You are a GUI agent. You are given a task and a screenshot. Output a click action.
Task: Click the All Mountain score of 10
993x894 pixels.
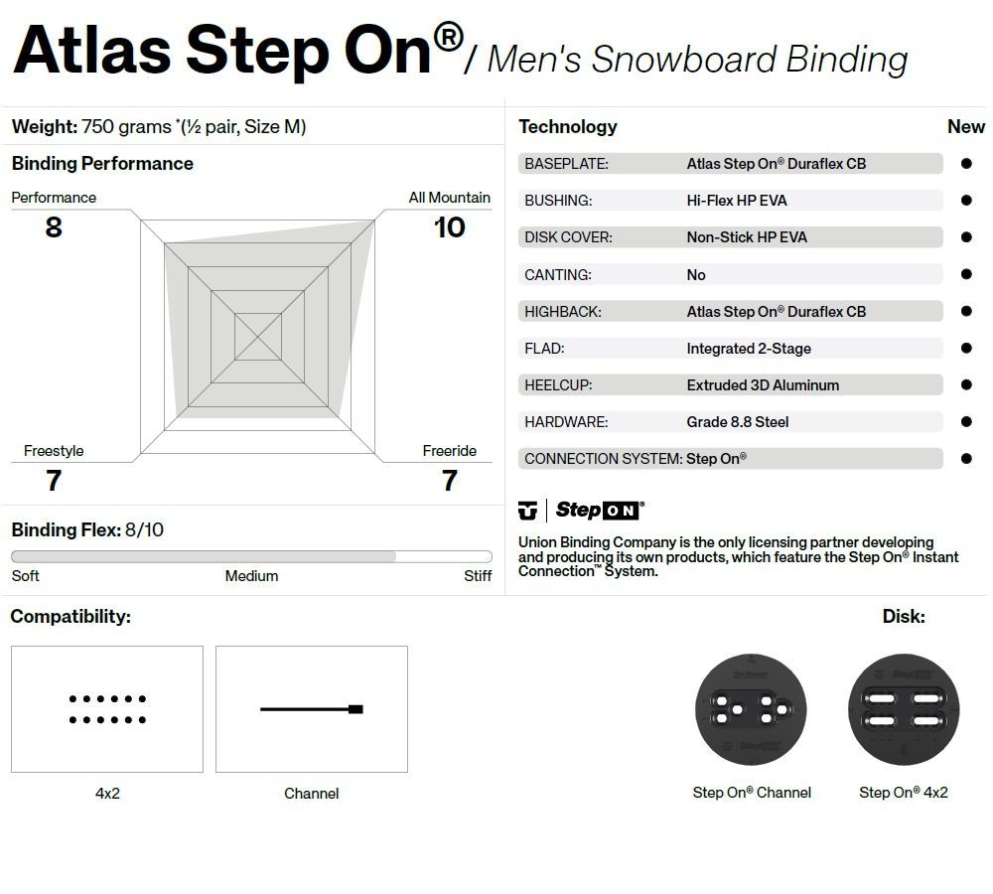pyautogui.click(x=449, y=227)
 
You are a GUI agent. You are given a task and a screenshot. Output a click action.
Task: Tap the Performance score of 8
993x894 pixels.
pyautogui.click(x=54, y=227)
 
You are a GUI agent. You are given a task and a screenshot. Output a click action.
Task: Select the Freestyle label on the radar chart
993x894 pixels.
pyautogui.click(x=54, y=451)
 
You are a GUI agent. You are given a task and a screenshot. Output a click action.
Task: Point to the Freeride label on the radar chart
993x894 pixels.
pyautogui.click(x=449, y=451)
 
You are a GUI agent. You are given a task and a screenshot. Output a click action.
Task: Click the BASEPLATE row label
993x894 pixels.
pyautogui.click(x=566, y=164)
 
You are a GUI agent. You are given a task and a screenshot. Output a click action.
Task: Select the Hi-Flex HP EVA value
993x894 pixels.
pyautogui.click(x=736, y=201)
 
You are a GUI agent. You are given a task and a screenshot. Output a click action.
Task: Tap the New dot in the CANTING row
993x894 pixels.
pyautogui.click(x=966, y=274)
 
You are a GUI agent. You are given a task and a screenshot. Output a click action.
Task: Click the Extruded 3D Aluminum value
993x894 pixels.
pyautogui.click(x=763, y=385)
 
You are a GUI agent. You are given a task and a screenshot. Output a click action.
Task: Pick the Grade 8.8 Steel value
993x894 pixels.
pyautogui.click(x=737, y=422)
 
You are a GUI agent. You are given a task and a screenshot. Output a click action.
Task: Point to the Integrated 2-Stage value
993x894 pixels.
pyautogui.click(x=748, y=349)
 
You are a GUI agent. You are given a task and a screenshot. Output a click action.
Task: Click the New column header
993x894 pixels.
pyautogui.click(x=965, y=127)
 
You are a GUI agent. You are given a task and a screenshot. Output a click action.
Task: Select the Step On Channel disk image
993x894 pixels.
pyautogui.click(x=751, y=709)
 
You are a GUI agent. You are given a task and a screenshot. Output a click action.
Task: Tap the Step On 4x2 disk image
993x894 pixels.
pyautogui.click(x=904, y=709)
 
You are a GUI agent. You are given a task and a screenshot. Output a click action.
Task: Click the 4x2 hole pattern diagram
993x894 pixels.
pyautogui.click(x=107, y=709)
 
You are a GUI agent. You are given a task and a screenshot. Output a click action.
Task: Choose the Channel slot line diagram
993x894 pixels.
pyautogui.click(x=312, y=709)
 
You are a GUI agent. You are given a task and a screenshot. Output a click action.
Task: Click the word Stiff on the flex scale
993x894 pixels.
pyautogui.click(x=478, y=576)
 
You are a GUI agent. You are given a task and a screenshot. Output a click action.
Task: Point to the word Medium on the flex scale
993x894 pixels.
pyautogui.click(x=251, y=576)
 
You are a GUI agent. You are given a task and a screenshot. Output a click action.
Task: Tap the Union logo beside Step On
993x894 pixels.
pyautogui.click(x=527, y=511)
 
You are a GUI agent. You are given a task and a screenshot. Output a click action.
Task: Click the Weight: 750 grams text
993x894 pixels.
pyautogui.click(x=159, y=127)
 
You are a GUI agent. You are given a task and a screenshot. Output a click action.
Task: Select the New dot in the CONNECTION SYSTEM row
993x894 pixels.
pyautogui.click(x=966, y=459)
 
